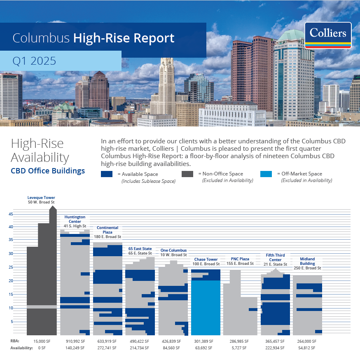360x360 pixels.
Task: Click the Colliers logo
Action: coord(328,35)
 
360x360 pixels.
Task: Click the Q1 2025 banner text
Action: coord(34,61)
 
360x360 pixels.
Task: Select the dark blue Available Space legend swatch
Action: coord(107,174)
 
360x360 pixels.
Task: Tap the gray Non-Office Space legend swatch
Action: coord(187,174)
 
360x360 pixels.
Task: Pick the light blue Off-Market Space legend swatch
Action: coord(266,174)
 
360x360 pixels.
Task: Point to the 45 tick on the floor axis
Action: coord(11,214)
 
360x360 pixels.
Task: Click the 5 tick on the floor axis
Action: coord(12,322)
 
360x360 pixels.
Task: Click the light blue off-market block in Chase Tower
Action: coord(206,307)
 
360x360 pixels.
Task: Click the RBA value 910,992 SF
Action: coord(75,341)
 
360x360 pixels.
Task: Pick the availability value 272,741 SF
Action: coord(108,348)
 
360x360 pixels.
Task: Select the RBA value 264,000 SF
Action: coord(307,341)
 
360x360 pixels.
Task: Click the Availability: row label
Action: coord(21,348)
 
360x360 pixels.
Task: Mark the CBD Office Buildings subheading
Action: coord(48,171)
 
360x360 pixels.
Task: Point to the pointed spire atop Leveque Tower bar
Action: coord(53,208)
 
